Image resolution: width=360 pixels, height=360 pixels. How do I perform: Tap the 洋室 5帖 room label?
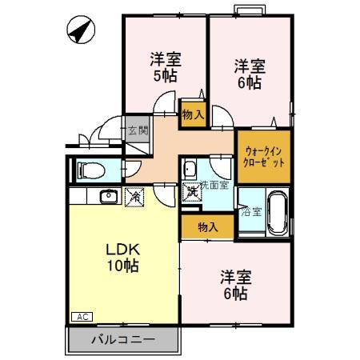pos(166,67)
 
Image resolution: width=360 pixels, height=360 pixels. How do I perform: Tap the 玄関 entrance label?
pos(137,130)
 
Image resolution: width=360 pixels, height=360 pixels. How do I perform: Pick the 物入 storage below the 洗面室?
pos(207,226)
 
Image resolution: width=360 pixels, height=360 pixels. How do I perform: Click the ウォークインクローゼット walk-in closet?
pos(263,156)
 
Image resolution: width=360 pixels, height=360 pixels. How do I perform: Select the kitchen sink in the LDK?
pos(106,196)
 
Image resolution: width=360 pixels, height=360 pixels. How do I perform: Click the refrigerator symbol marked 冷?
pos(135,195)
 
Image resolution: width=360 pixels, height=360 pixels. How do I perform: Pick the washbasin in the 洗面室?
pos(190,170)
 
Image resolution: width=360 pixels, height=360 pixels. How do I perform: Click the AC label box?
pos(83,317)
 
